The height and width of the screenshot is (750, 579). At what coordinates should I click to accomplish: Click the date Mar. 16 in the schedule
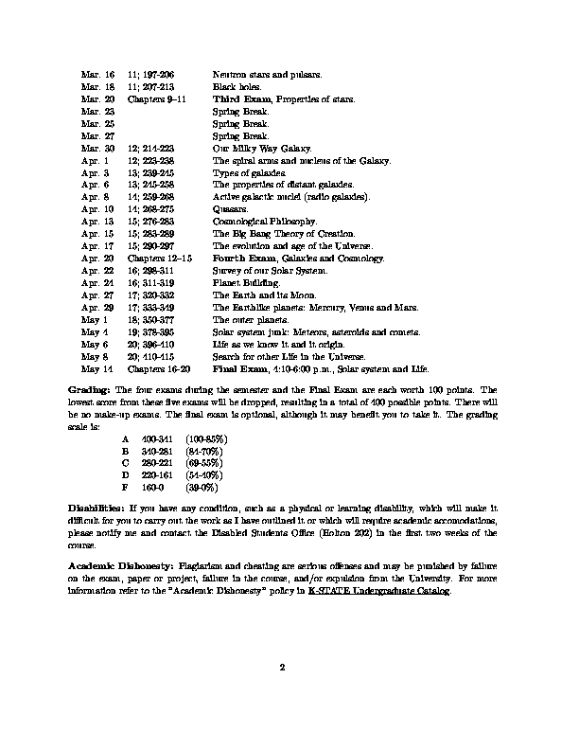(x=97, y=73)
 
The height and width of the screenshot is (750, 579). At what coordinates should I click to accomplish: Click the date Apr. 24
(x=97, y=282)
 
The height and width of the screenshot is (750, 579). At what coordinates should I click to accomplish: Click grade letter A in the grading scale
(x=125, y=440)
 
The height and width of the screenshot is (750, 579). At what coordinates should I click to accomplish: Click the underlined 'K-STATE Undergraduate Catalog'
(x=379, y=590)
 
